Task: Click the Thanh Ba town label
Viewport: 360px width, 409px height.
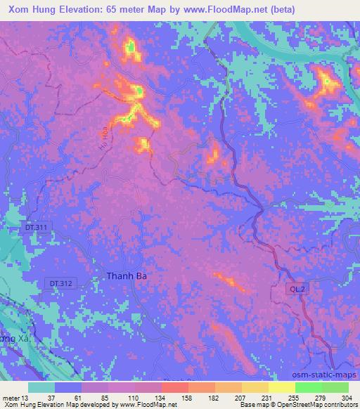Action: tap(127, 276)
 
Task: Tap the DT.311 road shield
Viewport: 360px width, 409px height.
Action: tap(33, 228)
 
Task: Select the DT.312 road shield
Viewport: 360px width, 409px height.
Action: tap(62, 283)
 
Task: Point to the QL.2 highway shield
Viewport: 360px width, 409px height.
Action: tap(297, 288)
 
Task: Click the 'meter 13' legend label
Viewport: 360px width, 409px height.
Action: tap(15, 398)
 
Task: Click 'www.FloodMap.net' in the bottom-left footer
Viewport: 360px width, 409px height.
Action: tap(148, 405)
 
